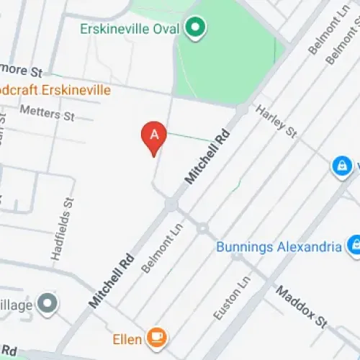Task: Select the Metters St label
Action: pyautogui.click(x=48, y=112)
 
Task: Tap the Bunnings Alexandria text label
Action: pyautogui.click(x=279, y=247)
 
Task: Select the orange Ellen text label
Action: pyautogui.click(x=126, y=337)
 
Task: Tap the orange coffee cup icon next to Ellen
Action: pyautogui.click(x=156, y=336)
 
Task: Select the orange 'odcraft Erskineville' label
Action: pyautogui.click(x=55, y=90)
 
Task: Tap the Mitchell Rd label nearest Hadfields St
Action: pyautogui.click(x=112, y=280)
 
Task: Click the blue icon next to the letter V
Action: pyautogui.click(x=341, y=166)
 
